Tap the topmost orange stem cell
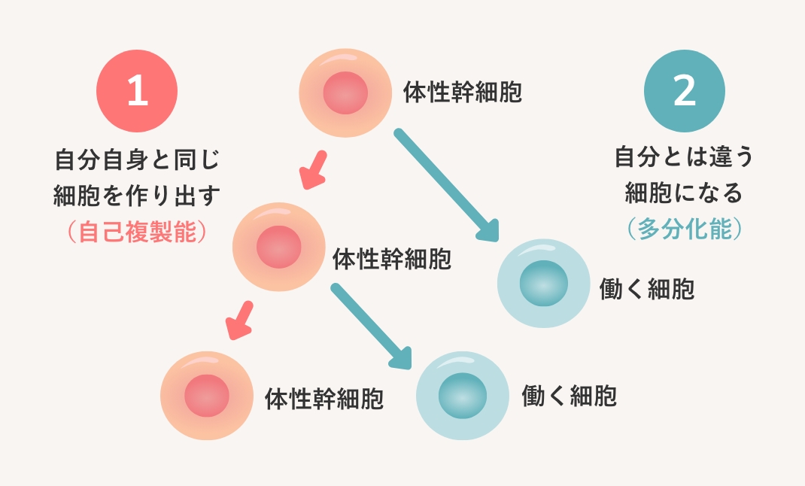tap(345, 94)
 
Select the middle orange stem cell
tap(279, 246)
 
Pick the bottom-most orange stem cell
tap(207, 395)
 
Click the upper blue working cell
tap(544, 284)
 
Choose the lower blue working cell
tap(463, 395)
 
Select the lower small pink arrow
tap(240, 320)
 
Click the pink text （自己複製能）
tap(137, 231)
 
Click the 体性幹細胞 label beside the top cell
tap(462, 93)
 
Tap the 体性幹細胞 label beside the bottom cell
tap(324, 398)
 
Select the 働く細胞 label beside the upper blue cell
tap(646, 289)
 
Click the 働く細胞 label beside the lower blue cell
tap(569, 396)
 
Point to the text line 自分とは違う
tap(684, 158)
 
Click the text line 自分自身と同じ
tap(137, 160)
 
